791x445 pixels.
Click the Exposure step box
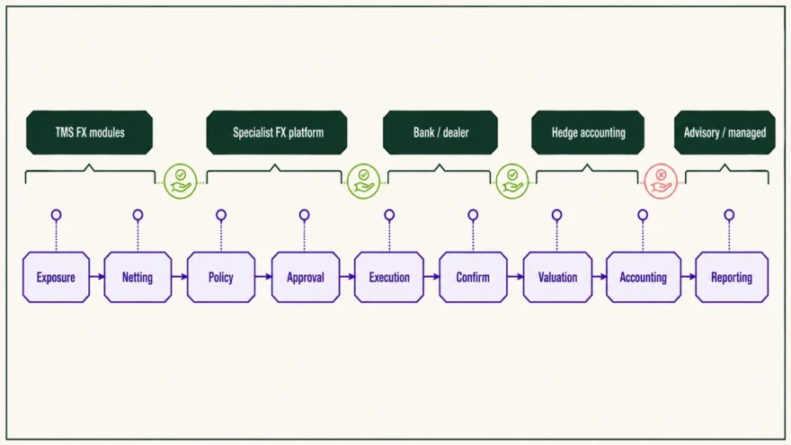tap(56, 277)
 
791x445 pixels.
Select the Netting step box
tap(138, 277)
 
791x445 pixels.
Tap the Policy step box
tap(221, 277)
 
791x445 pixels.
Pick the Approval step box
tap(306, 277)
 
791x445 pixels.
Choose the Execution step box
tap(389, 277)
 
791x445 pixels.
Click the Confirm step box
tap(473, 277)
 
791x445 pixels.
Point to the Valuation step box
tap(557, 277)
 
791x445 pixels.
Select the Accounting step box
tap(644, 277)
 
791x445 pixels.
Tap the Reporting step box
tap(732, 277)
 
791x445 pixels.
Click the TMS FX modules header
tap(89, 133)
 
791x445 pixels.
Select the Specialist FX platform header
tap(277, 133)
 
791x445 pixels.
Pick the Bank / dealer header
tap(440, 133)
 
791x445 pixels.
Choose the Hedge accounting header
tap(588, 133)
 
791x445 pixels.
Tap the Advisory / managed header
tap(724, 133)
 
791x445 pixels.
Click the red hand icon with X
tap(661, 181)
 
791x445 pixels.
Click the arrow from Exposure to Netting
tap(97, 277)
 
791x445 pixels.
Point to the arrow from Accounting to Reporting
tap(689, 277)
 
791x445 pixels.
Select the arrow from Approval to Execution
tap(347, 277)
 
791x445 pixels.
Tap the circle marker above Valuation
tap(557, 215)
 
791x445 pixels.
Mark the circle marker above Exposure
tap(56, 215)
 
